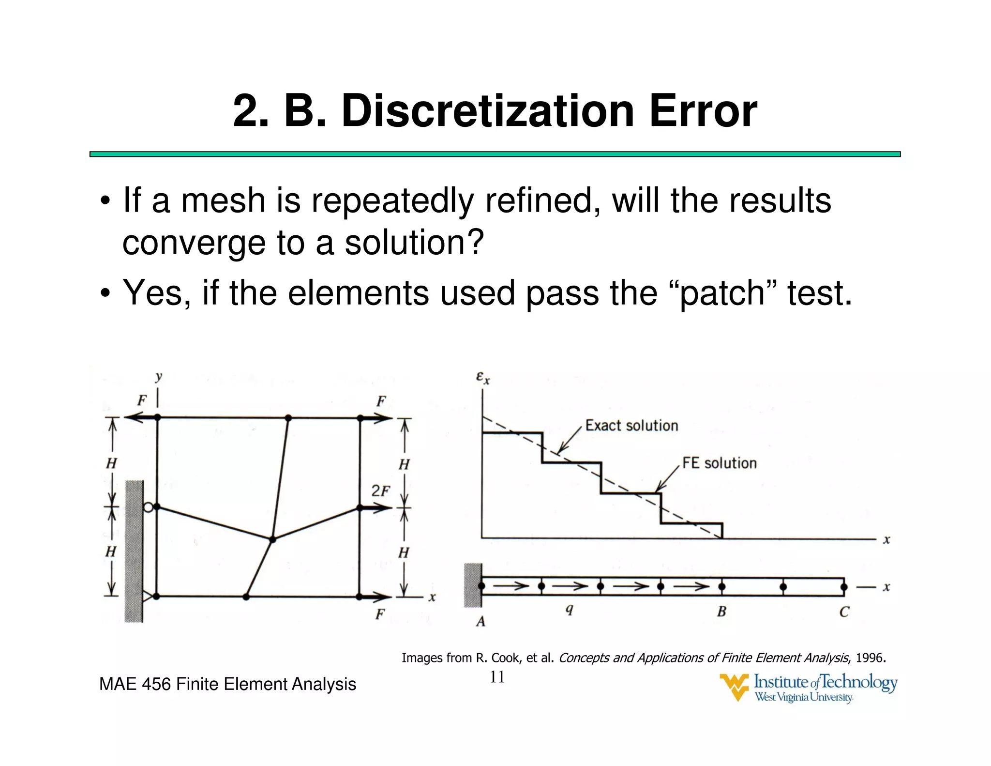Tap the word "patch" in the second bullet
[722, 293]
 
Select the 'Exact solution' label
[631, 426]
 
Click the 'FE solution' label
[719, 463]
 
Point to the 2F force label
[380, 491]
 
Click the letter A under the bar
[480, 621]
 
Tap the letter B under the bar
[721, 612]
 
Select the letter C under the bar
[844, 612]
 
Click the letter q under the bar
[570, 610]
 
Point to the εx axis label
[482, 377]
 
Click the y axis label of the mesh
[159, 376]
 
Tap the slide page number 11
[497, 677]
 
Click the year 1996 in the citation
[869, 658]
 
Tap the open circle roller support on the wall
[149, 507]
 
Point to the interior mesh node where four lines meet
[272, 539]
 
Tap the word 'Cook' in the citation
[507, 658]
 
